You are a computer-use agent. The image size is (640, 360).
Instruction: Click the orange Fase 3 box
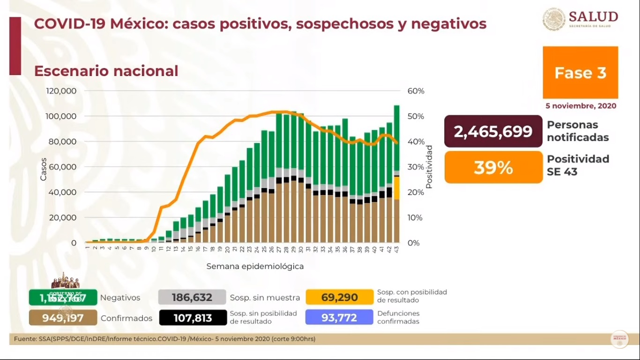coord(580,72)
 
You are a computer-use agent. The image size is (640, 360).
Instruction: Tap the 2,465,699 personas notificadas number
coord(493,132)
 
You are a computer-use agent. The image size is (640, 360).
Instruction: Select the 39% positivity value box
coord(493,167)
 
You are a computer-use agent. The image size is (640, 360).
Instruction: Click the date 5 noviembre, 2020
coord(580,106)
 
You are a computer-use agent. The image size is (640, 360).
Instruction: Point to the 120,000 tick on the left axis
coord(61,91)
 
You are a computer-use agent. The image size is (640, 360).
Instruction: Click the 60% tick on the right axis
coord(416,91)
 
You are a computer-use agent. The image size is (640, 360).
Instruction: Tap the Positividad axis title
coord(429,167)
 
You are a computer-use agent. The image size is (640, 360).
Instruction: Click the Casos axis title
coord(44,169)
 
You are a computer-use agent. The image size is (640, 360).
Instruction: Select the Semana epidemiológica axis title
coord(255,266)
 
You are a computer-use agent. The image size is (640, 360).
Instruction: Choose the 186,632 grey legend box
coord(192,298)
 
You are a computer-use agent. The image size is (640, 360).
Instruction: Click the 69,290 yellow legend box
coord(339,298)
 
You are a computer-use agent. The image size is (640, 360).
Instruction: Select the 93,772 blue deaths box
coord(339,318)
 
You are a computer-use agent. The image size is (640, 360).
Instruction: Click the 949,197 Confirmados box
coord(63,318)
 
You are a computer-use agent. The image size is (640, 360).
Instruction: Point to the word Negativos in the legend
coord(120,298)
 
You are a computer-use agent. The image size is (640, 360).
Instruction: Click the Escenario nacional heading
coord(106,71)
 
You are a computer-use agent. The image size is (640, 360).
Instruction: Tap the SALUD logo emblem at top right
coord(554,19)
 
